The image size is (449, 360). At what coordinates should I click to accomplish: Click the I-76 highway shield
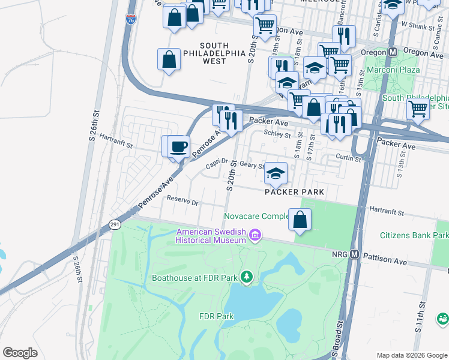coord(131,19)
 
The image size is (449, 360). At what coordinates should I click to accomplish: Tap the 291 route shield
coord(114,224)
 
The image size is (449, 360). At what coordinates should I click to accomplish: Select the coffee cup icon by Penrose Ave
coord(179,146)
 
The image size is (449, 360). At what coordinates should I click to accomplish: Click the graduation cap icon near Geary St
coord(276,173)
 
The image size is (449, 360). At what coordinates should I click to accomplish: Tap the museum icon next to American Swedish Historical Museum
coord(255,235)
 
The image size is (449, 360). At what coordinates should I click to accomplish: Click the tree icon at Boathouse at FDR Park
coord(246,277)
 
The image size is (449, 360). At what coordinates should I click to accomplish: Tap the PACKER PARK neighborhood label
coord(294,192)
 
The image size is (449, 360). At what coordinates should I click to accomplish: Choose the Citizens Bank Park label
coord(414,236)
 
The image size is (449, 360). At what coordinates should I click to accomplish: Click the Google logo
coord(20,353)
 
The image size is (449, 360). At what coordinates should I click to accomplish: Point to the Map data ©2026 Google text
coord(412,355)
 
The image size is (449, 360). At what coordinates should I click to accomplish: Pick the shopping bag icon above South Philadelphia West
coord(169,59)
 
